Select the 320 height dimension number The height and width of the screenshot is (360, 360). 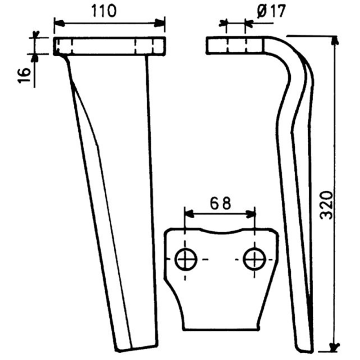pyautogui.click(x=327, y=205)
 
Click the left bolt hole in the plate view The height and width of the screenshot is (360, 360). pyautogui.click(x=185, y=259)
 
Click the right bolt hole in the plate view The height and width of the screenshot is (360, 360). pyautogui.click(x=254, y=259)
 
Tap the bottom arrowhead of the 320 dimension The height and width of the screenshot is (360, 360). pyautogui.click(x=334, y=346)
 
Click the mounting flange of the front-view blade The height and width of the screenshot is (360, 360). pyautogui.click(x=109, y=46)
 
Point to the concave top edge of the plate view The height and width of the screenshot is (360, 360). pyautogui.click(x=220, y=233)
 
